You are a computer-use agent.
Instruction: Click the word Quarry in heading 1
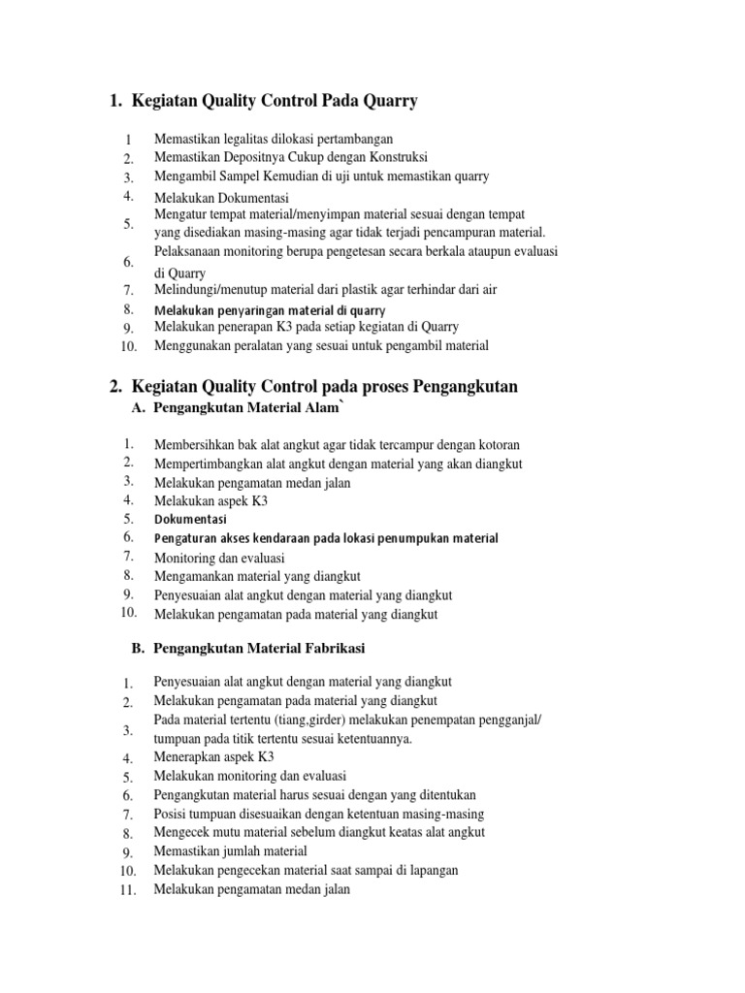(387, 101)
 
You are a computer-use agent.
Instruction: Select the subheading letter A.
(138, 409)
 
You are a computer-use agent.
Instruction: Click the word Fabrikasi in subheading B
(332, 647)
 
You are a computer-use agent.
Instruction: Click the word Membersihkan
(192, 445)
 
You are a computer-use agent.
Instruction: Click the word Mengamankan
(194, 575)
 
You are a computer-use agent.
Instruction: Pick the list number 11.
(127, 890)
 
